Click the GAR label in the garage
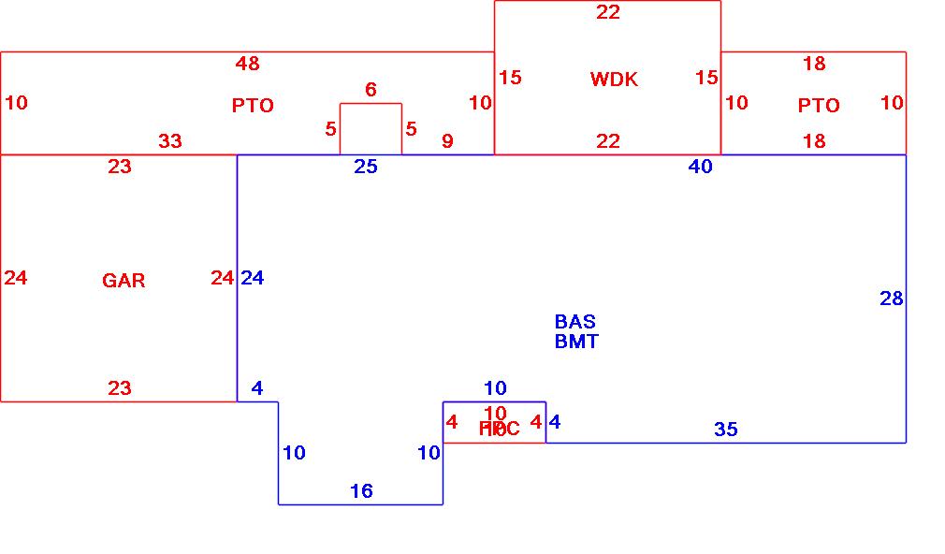tap(124, 280)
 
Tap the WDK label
tap(614, 80)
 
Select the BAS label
tap(574, 322)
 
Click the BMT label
tap(576, 342)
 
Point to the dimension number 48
tap(248, 64)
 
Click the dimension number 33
tap(170, 141)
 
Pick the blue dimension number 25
tap(366, 167)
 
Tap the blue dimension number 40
tap(700, 167)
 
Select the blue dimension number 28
tap(892, 299)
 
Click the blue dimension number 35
tap(726, 430)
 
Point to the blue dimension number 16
tap(361, 491)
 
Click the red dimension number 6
tap(371, 90)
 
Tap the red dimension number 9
tap(447, 141)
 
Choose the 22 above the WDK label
tap(608, 12)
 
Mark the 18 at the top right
tap(814, 64)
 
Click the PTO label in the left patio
tap(253, 106)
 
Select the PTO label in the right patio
tap(819, 106)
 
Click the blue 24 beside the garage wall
tap(253, 278)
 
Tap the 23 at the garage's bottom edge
tap(120, 388)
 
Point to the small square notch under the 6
tap(371, 129)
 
